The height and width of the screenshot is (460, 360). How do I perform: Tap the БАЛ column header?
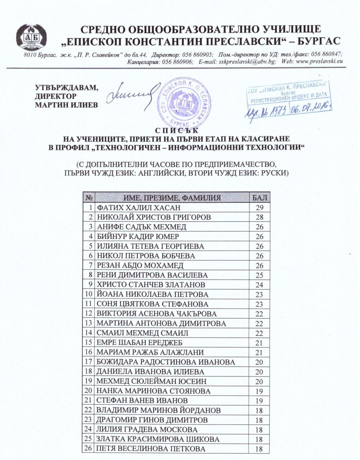(260, 198)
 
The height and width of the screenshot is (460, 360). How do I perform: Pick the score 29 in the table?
(260, 208)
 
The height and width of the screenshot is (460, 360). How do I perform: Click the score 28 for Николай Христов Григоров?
(260, 217)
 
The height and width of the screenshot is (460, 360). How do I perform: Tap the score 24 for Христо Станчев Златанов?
(260, 285)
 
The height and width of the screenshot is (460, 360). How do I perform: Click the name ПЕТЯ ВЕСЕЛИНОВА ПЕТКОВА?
(151, 449)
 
